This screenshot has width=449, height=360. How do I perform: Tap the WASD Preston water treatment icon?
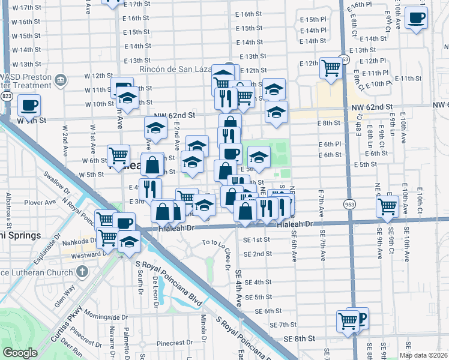60,80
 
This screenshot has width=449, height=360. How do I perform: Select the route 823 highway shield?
7,96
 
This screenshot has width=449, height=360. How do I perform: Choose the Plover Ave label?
41,203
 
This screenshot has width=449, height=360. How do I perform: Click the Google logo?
21,352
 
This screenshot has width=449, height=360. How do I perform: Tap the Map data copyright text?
423,355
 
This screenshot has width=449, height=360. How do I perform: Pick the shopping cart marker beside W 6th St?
118,155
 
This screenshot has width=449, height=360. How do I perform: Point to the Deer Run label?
72,346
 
